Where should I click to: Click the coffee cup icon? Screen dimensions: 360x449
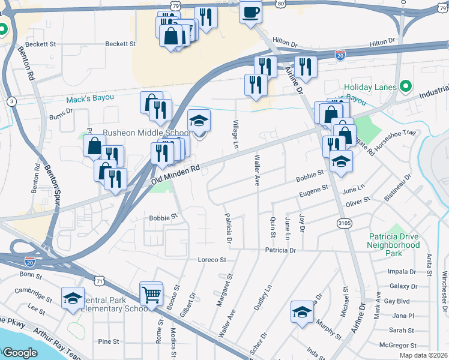click(250, 11)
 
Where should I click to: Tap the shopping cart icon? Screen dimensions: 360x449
click(151, 294)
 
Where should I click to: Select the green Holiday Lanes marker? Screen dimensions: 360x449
click(406, 86)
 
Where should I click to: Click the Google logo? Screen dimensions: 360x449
click(20, 352)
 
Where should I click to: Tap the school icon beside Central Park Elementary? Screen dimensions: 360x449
click(73, 298)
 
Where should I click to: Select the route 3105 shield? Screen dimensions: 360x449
click(345, 223)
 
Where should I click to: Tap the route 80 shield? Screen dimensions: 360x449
click(282, 3)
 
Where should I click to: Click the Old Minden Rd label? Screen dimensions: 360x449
click(175, 175)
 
